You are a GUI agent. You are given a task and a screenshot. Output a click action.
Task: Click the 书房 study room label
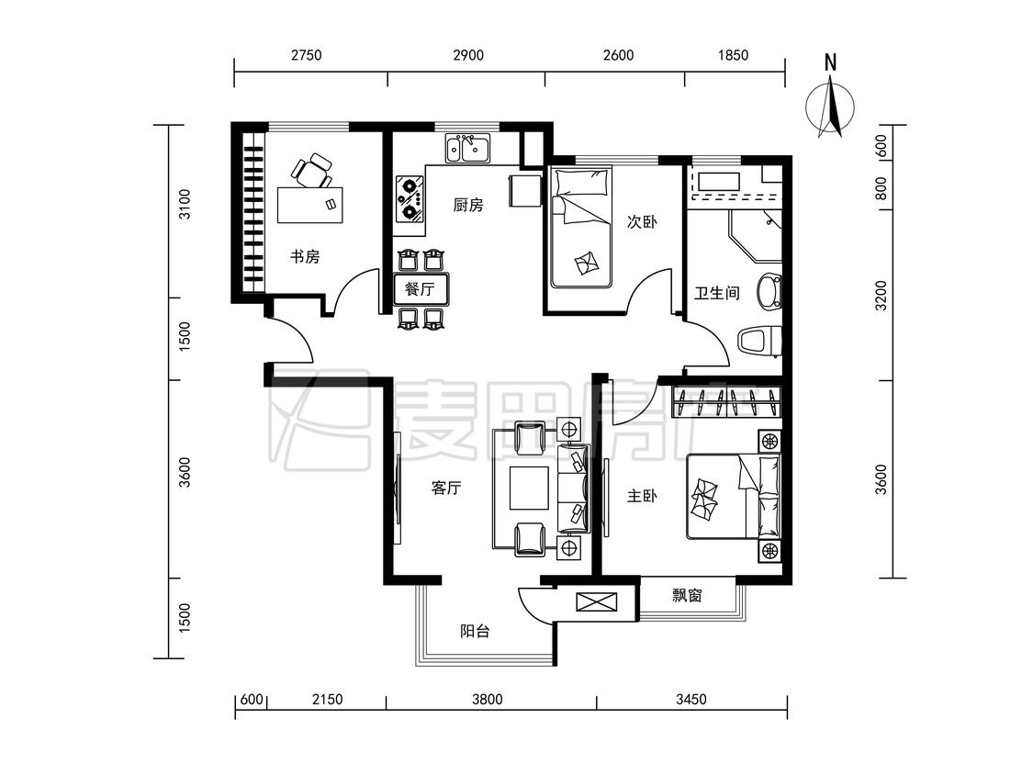(305, 256)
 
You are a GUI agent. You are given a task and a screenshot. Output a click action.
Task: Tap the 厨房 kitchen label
(468, 205)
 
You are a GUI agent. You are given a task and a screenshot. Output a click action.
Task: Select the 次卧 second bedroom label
(642, 221)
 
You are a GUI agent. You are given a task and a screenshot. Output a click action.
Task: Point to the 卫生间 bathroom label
(717, 292)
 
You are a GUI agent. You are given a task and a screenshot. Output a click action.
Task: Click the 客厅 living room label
(446, 488)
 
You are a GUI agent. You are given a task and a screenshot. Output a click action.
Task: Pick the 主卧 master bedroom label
(642, 495)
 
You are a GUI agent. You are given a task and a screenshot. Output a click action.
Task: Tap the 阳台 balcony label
(475, 632)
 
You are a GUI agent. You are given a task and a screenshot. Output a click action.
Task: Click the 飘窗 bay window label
(687, 595)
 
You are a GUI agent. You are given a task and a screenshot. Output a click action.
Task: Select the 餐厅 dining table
(421, 288)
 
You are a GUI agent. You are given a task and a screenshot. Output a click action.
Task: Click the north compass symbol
(831, 99)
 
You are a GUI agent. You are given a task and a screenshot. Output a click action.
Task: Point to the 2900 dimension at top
(468, 55)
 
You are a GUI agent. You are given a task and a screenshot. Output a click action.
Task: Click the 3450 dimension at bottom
(691, 699)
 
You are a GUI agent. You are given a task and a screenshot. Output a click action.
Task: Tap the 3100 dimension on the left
(185, 204)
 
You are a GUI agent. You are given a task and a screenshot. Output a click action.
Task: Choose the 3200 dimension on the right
(881, 296)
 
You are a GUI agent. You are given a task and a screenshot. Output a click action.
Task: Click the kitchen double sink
(467, 148)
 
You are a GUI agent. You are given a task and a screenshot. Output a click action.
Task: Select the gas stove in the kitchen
(410, 197)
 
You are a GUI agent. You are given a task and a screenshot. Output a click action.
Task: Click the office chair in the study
(311, 172)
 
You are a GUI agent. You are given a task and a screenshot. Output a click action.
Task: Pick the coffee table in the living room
(529, 489)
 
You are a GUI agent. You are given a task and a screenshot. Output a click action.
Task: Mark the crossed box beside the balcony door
(597, 601)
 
